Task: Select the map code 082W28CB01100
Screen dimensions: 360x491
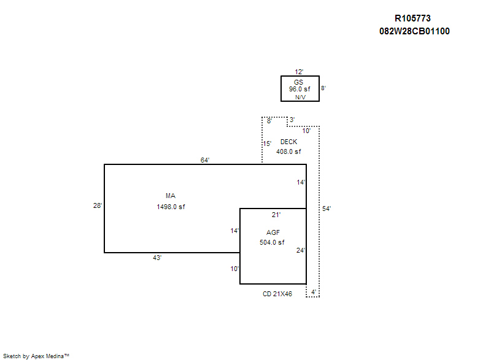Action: point(415,31)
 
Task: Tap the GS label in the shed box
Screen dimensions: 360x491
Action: point(299,82)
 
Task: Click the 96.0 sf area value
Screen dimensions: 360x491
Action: point(300,89)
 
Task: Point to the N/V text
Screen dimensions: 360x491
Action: point(300,97)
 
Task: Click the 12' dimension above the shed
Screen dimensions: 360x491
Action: point(300,72)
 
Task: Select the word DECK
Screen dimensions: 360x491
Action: point(288,142)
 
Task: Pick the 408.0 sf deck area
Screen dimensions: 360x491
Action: point(288,151)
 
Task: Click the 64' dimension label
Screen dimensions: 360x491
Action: point(205,160)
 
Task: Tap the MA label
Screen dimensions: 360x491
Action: point(171,196)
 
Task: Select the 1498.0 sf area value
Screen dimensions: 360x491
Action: point(171,207)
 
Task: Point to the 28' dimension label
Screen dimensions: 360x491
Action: point(98,206)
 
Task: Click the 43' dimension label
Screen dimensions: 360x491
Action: point(157,258)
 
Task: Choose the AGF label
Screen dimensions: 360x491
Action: point(273,232)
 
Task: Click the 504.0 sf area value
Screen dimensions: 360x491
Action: point(272,242)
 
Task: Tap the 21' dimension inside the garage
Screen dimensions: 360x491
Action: point(276,215)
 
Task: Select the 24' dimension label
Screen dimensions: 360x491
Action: point(300,250)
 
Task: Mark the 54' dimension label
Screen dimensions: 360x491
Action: point(327,209)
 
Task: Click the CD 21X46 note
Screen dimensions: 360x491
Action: point(277,294)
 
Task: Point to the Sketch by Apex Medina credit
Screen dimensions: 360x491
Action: point(36,355)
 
